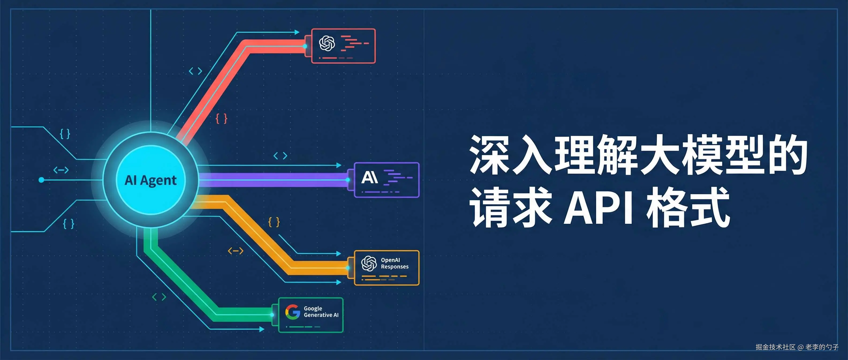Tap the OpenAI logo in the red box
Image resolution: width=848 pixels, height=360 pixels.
click(x=327, y=43)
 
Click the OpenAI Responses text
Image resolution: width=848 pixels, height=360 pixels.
click(x=394, y=263)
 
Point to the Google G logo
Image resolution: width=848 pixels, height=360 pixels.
click(x=292, y=312)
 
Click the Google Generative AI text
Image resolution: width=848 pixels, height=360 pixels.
click(x=321, y=312)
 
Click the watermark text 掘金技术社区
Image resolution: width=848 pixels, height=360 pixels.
click(x=775, y=347)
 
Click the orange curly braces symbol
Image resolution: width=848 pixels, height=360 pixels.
click(x=274, y=222)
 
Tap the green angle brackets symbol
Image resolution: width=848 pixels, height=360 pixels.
click(x=159, y=297)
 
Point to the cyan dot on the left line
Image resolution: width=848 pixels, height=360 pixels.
click(x=41, y=180)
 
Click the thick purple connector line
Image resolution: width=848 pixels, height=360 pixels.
click(x=273, y=180)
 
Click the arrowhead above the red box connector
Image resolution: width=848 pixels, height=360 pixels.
click(x=297, y=32)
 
